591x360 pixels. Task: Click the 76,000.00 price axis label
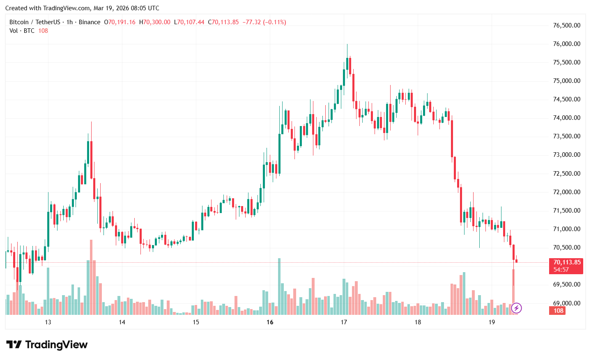pos(566,44)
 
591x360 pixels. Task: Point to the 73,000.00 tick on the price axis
pos(566,155)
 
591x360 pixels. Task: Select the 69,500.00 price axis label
pos(566,284)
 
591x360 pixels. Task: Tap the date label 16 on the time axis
pos(270,322)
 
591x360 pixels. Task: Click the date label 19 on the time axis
pos(492,322)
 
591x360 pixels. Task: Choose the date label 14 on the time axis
pos(122,322)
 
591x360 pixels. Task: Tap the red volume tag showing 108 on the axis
pos(558,311)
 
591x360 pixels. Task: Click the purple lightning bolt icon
pos(516,308)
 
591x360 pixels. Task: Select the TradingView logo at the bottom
pos(47,344)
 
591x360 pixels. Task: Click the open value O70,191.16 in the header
pos(120,22)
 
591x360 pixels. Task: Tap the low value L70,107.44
pos(189,22)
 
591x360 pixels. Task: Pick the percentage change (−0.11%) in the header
pos(274,22)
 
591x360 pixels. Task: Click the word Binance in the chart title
pos(89,22)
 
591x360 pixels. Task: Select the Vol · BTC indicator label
pos(22,31)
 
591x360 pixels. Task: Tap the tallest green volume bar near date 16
pos(279,287)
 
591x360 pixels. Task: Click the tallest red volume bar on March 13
pos(91,277)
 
